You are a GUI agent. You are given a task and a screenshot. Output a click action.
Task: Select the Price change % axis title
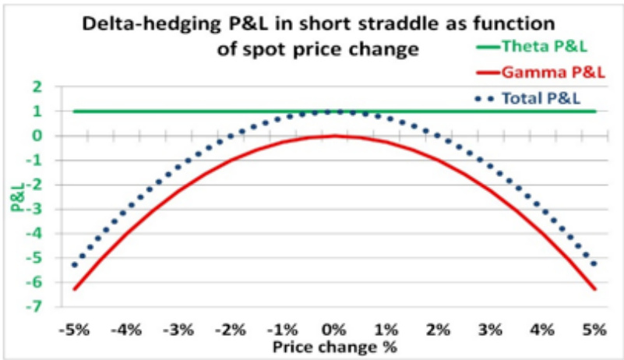pos(334,346)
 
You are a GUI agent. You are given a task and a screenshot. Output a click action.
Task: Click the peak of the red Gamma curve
pos(335,136)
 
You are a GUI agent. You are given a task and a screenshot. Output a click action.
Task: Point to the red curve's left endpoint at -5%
pos(75,289)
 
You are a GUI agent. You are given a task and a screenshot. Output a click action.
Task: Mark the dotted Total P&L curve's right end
pos(594,265)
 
